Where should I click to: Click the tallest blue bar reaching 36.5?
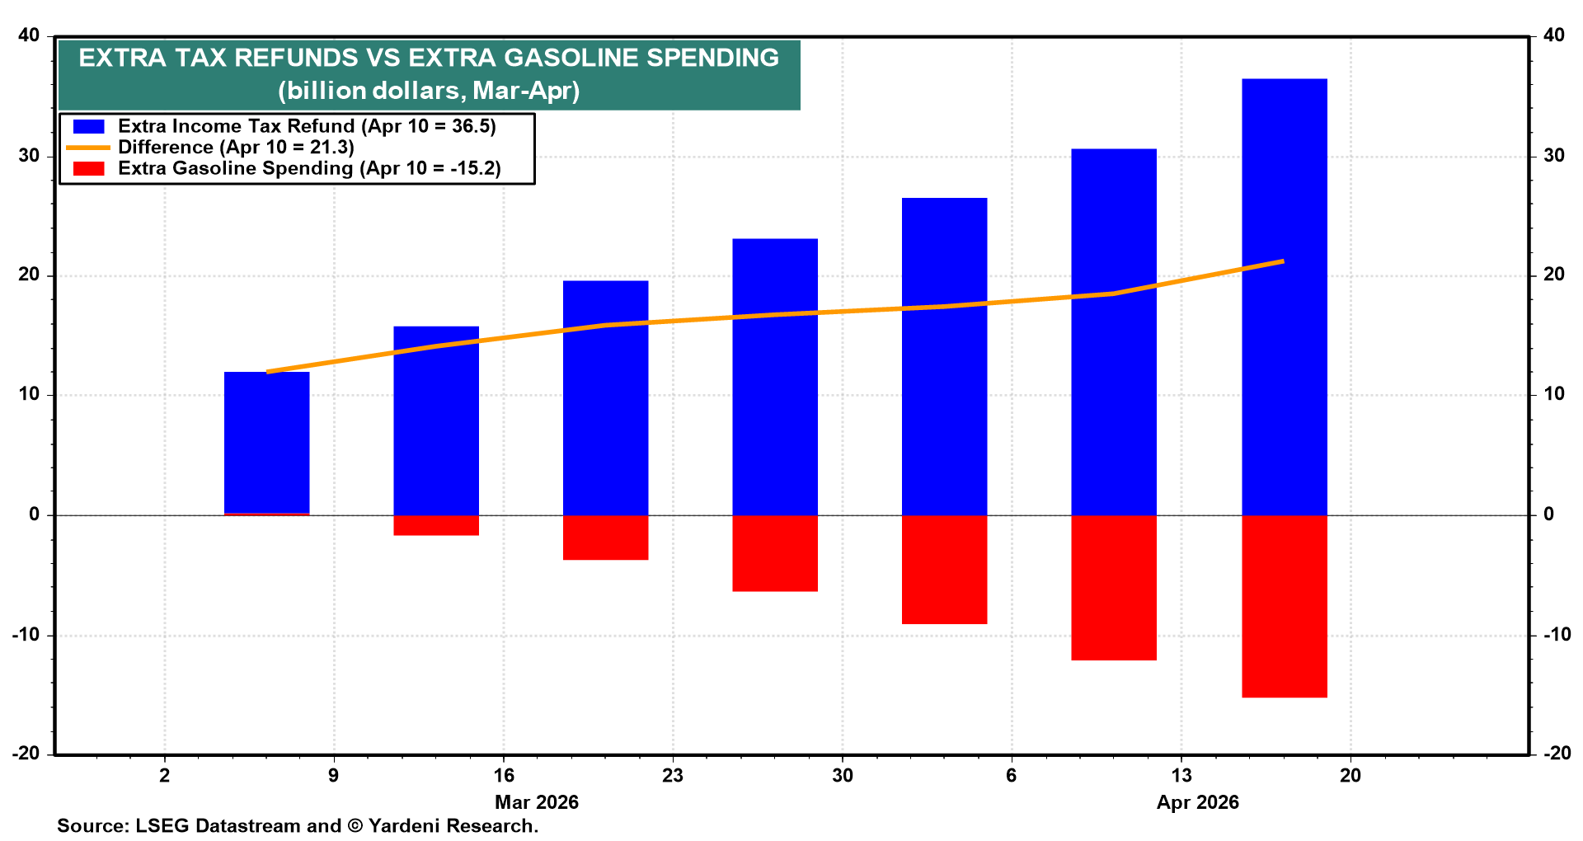pos(1284,297)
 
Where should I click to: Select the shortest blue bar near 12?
pos(267,444)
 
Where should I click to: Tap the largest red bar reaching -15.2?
pos(1284,606)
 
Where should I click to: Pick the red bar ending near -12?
pos(1114,587)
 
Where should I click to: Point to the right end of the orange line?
pos(1283,261)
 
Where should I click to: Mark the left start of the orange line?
pos(269,372)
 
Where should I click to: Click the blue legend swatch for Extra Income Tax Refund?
pos(89,126)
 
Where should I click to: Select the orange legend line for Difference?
pos(89,148)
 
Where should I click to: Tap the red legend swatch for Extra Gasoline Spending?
pos(89,169)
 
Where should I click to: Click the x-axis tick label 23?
pos(673,776)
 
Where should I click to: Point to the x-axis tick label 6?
pos(1012,776)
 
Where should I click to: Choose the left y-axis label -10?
pos(25,635)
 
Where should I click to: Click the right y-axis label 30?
pos(1553,156)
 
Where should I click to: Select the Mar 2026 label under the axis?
pos(537,802)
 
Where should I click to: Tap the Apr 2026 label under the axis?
pos(1198,802)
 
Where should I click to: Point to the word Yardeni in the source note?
pos(404,826)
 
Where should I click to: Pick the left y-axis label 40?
pos(29,35)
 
